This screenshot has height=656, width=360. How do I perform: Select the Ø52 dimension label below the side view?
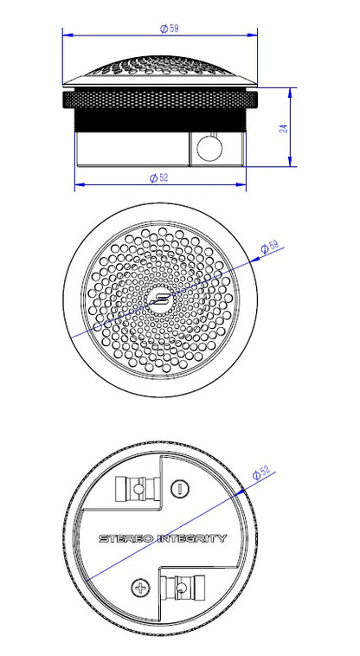coord(157,177)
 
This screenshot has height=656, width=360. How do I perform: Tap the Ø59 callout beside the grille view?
coord(269,248)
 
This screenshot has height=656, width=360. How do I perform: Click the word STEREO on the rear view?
coord(124,538)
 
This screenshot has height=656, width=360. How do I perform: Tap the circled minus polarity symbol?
coord(178,488)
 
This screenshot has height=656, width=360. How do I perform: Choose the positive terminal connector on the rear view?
coord(182,590)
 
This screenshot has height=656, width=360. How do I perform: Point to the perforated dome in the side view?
coord(161,69)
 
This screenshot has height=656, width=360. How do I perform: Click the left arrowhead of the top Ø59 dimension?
coord(67,35)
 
